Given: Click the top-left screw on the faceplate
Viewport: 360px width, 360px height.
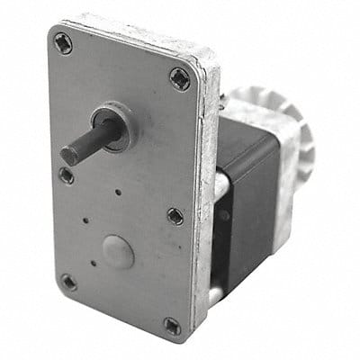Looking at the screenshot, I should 62,41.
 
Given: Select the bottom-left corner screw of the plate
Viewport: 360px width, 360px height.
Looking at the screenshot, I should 67,282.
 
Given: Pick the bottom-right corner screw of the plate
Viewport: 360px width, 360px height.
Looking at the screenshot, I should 171,324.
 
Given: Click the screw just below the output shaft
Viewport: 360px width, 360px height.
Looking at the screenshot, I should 67,175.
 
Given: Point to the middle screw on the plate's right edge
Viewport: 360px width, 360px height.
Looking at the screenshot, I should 175,216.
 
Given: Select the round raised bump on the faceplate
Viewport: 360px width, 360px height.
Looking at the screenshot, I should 118,252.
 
